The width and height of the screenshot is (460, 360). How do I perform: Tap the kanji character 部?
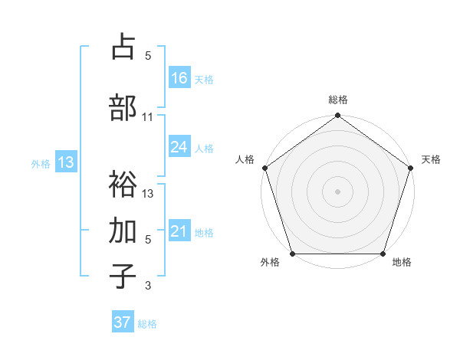pyautogui.click(x=123, y=107)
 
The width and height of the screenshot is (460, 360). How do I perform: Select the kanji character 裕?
pyautogui.click(x=123, y=185)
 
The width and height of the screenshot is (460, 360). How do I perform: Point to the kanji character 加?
pyautogui.click(x=123, y=231)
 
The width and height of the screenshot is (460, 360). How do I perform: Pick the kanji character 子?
pyautogui.click(x=123, y=277)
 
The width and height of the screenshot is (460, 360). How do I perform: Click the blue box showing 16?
pyautogui.click(x=179, y=77)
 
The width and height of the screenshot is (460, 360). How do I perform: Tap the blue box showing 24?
pyautogui.click(x=179, y=147)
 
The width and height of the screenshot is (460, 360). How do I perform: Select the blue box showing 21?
pyautogui.click(x=179, y=232)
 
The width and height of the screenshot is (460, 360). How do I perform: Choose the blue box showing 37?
pyautogui.click(x=123, y=322)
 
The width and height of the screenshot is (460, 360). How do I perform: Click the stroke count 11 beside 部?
pyautogui.click(x=148, y=117)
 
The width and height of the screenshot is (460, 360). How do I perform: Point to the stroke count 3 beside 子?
pyautogui.click(x=148, y=286)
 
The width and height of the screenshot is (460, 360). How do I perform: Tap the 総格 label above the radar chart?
pyautogui.click(x=337, y=100)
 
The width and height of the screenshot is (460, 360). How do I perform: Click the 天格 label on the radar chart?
pyautogui.click(x=432, y=159)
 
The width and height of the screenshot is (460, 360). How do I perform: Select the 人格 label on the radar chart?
pyautogui.click(x=245, y=159)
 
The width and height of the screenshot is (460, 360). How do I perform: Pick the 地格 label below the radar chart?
pyautogui.click(x=402, y=263)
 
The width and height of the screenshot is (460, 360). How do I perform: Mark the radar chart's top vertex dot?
pyautogui.click(x=337, y=116)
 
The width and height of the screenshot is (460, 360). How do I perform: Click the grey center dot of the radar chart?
pyautogui.click(x=337, y=191)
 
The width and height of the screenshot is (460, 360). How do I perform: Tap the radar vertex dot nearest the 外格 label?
pyautogui.click(x=292, y=254)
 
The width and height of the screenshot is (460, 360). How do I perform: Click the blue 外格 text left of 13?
pyautogui.click(x=40, y=163)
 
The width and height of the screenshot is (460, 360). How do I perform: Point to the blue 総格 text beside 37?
pyautogui.click(x=147, y=324)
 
